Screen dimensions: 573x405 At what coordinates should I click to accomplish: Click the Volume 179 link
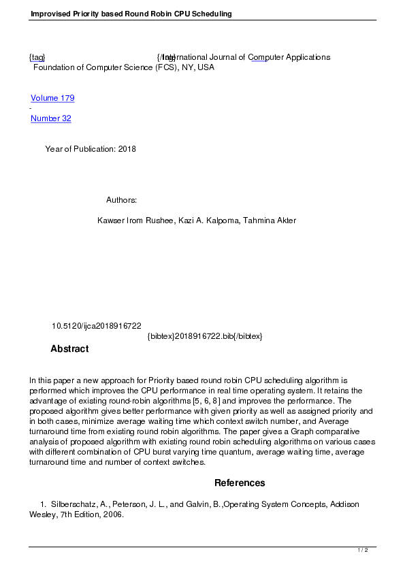[x=52, y=98]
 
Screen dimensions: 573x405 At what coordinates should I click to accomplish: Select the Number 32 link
[x=51, y=118]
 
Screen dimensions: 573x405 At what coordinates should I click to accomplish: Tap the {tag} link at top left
[x=37, y=57]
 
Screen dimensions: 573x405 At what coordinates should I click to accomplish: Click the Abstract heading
[x=69, y=349]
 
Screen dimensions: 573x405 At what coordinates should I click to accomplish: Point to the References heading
[x=240, y=483]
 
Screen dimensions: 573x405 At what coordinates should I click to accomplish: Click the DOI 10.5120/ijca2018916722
[x=97, y=326]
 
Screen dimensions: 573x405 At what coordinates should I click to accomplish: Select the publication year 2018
[x=127, y=149]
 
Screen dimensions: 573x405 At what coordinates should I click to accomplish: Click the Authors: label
[x=122, y=200]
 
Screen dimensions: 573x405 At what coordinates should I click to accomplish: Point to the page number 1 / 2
[x=363, y=550]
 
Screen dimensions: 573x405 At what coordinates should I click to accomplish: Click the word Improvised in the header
[x=52, y=14]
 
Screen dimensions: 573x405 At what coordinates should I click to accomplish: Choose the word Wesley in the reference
[x=42, y=514]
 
